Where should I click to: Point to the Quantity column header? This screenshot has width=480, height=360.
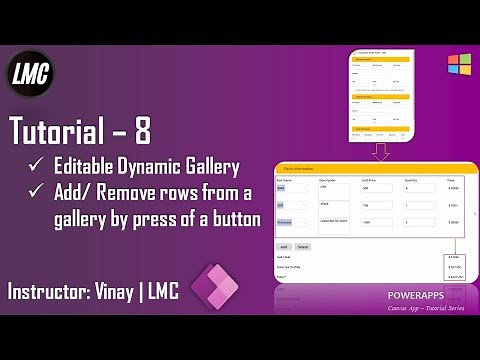411,179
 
